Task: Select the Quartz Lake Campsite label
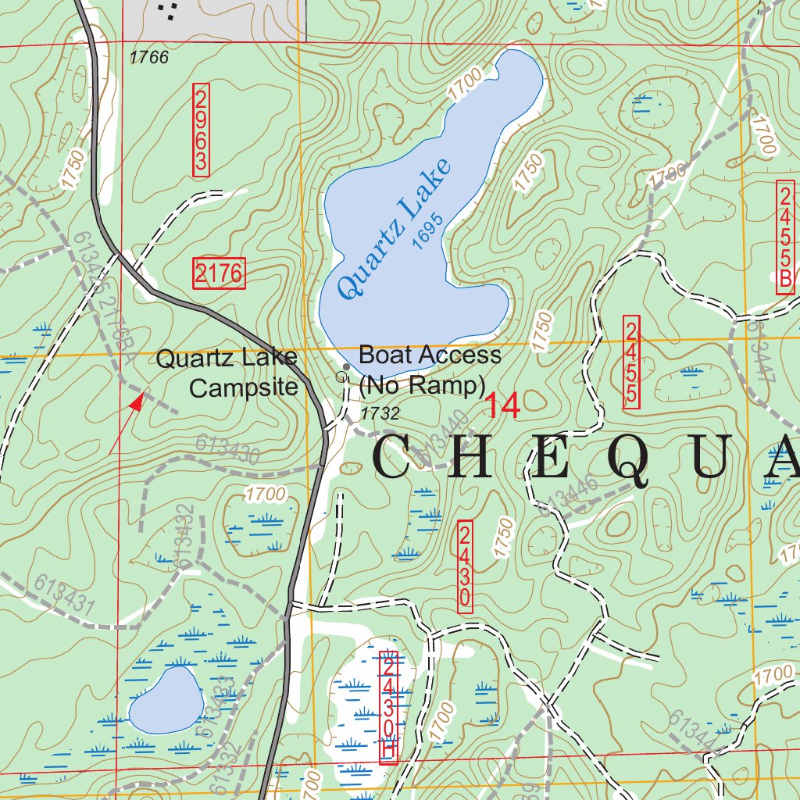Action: tap(227, 373)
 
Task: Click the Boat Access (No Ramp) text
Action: tap(429, 369)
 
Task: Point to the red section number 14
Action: tap(502, 405)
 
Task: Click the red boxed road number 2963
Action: tap(201, 129)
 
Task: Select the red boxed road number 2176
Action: tap(219, 273)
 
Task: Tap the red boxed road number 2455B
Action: tap(785, 237)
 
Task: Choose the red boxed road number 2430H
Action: tap(388, 707)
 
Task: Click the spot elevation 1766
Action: tap(148, 58)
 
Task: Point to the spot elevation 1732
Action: tap(380, 413)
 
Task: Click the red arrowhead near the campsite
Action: tap(137, 402)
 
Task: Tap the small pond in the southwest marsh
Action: tap(163, 700)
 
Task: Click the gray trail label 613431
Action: tap(64, 595)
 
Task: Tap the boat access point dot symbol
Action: tap(346, 366)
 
